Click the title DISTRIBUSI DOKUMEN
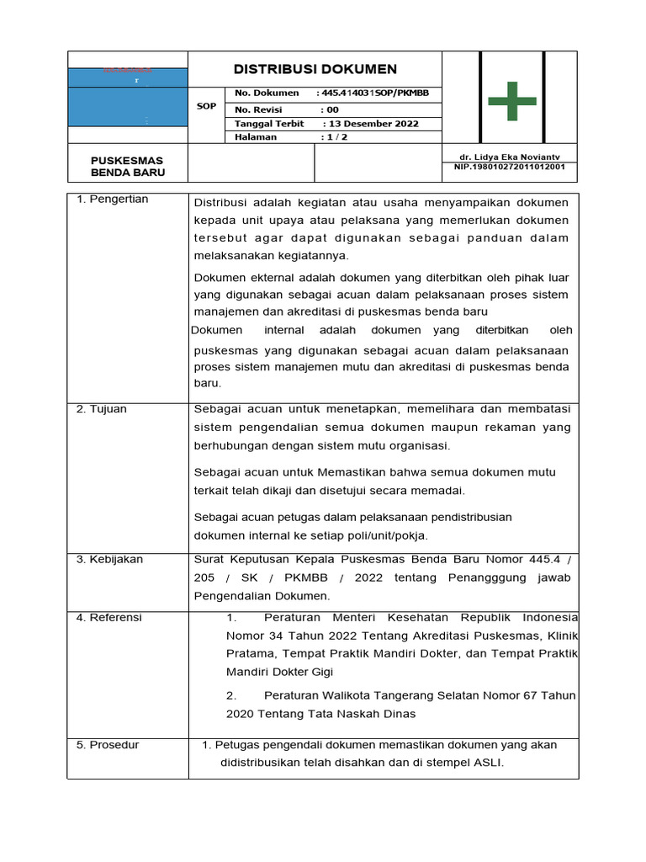[x=315, y=69]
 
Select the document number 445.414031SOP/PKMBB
[x=378, y=93]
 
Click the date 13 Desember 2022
[x=371, y=124]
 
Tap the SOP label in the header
[x=206, y=107]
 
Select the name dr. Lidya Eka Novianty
[x=509, y=157]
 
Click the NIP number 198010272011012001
[x=509, y=167]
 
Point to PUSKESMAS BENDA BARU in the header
[x=127, y=167]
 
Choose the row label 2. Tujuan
[x=102, y=409]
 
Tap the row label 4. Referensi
[x=109, y=618]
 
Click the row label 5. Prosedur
[x=108, y=745]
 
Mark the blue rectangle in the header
[x=127, y=98]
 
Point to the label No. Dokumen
[x=267, y=93]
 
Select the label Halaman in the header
[x=256, y=137]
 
